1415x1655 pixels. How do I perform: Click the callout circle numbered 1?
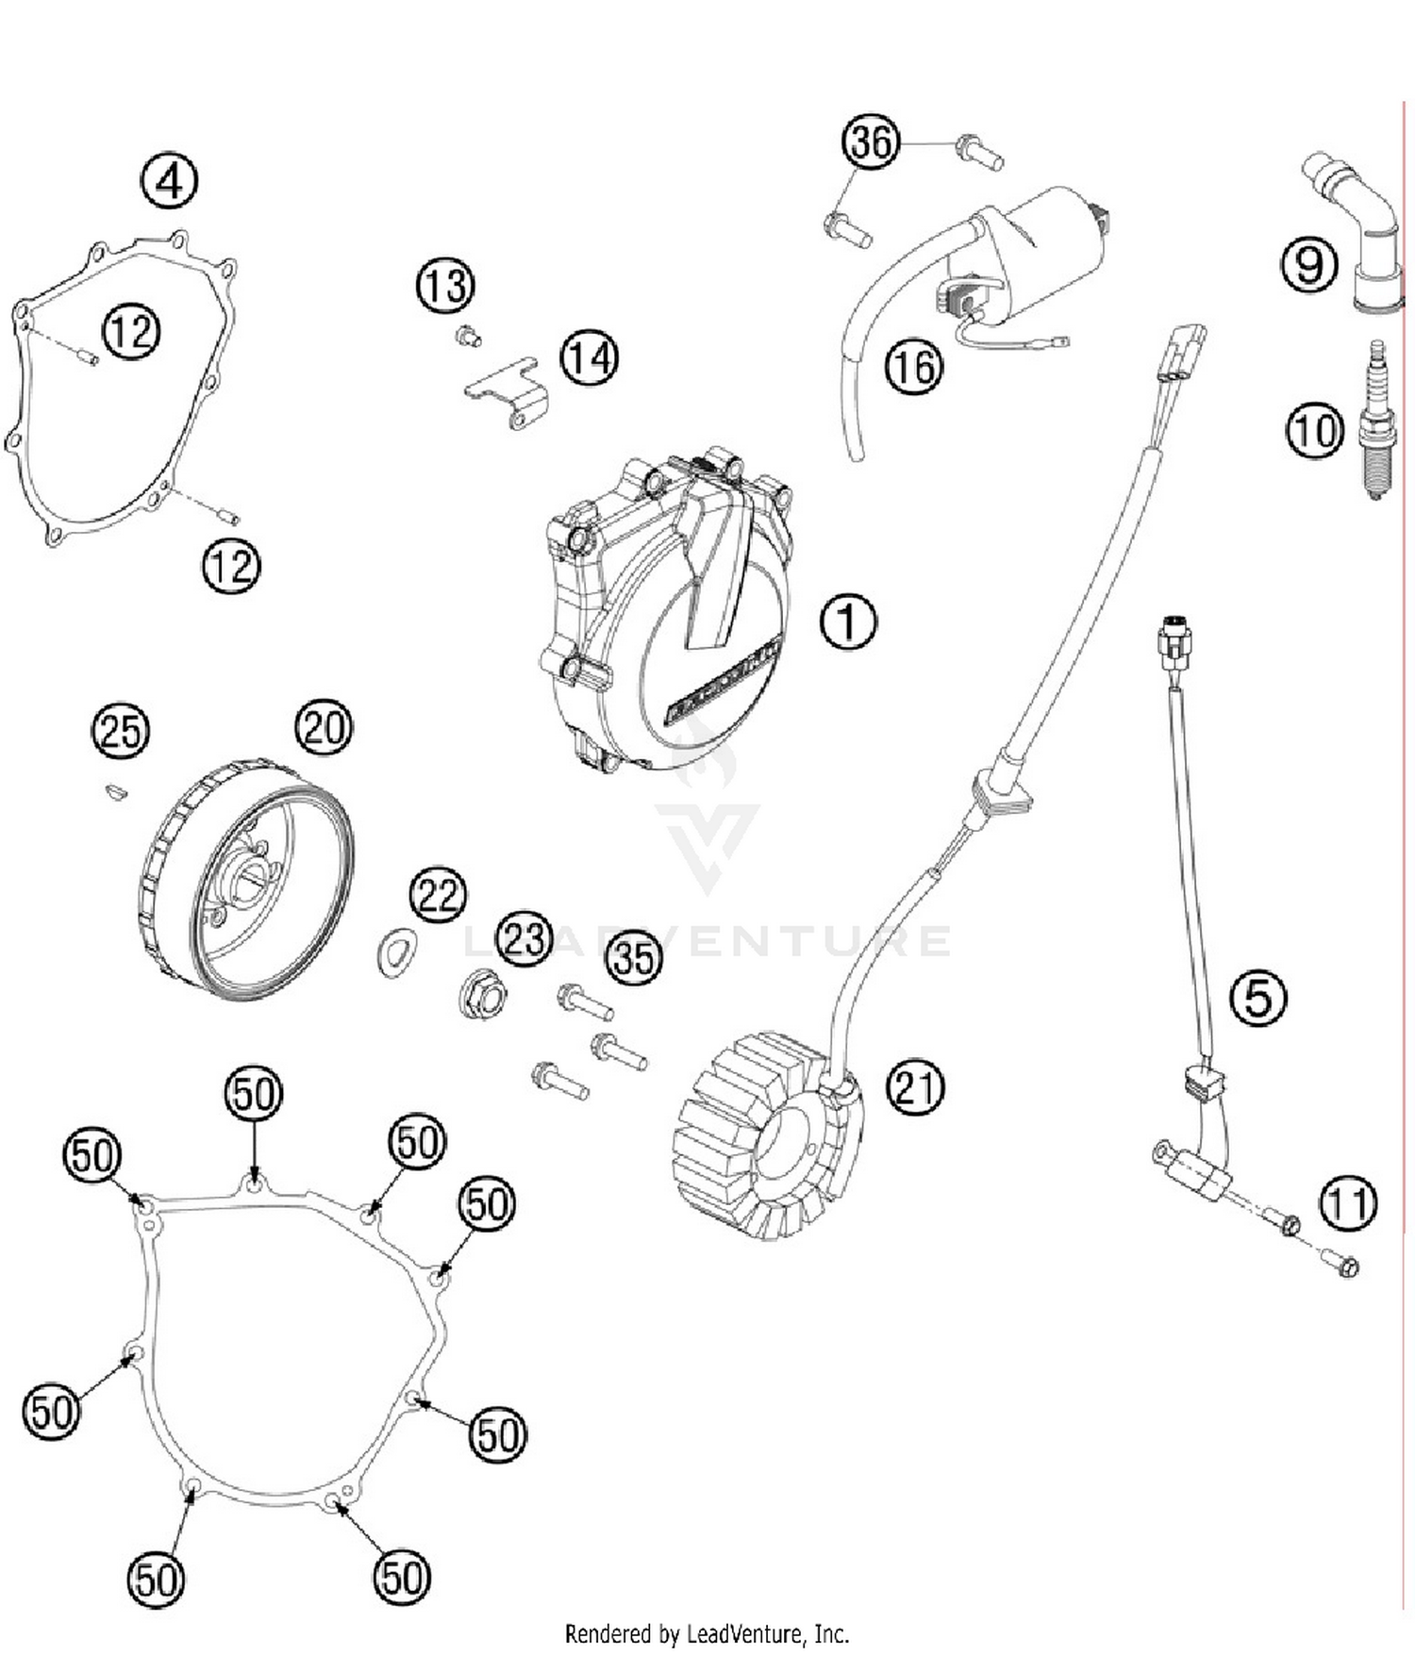click(848, 621)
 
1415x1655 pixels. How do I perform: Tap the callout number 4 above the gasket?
click(169, 180)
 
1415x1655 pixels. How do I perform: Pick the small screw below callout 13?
click(467, 335)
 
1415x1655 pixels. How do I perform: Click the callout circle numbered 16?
click(913, 367)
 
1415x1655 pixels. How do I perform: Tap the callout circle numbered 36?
click(870, 141)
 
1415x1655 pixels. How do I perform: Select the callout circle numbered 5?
click(1258, 997)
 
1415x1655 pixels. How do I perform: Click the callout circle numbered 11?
click(1348, 1203)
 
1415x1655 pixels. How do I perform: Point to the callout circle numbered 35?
click(633, 957)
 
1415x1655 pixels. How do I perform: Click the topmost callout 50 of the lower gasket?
click(254, 1094)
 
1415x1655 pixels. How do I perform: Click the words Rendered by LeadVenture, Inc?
click(707, 1632)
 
